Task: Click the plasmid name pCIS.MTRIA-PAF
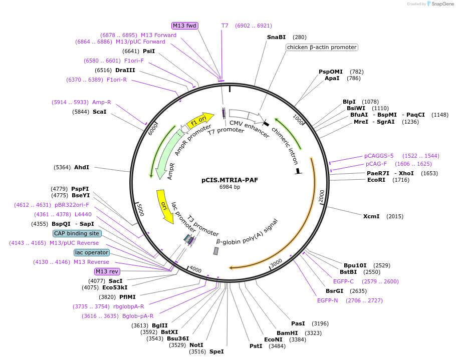[x=230, y=180]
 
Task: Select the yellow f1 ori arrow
[x=199, y=120]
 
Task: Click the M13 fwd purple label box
[x=185, y=26]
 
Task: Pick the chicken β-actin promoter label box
[x=322, y=47]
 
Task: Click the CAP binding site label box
[x=77, y=233]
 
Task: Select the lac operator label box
[x=91, y=252]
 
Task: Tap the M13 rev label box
[x=107, y=271]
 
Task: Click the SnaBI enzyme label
[x=276, y=37]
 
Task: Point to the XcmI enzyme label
[x=371, y=216]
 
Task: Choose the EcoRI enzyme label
[x=376, y=180]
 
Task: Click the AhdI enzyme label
[x=82, y=167]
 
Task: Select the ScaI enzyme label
[x=100, y=112]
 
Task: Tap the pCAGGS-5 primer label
[x=379, y=156]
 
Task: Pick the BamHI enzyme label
[x=287, y=333]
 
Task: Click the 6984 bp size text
[x=230, y=187]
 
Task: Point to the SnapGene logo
[x=439, y=4]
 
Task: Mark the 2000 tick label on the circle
[x=321, y=194]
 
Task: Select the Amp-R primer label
[x=102, y=102]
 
